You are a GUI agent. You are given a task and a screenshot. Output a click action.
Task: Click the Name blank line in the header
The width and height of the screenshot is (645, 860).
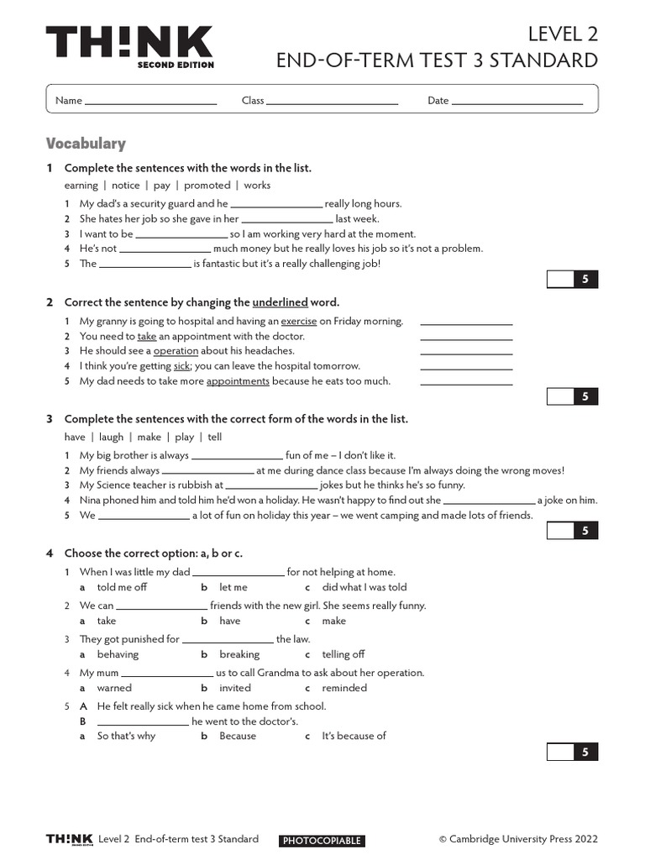(150, 102)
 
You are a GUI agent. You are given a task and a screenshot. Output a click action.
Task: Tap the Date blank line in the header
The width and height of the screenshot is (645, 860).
(517, 102)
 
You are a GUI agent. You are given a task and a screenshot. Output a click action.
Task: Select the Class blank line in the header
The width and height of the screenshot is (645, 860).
(332, 102)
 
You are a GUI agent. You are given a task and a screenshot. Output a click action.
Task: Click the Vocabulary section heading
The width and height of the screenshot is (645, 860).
(86, 144)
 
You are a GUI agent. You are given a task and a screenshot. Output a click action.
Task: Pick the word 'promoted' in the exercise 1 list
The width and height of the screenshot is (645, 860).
(207, 186)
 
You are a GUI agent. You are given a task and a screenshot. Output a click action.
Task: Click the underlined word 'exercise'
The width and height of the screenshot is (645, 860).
(299, 321)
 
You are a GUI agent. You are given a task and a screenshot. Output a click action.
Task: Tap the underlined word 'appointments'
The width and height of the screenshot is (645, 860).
(238, 381)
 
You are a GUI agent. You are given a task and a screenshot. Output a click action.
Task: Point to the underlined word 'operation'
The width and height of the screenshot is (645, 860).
(176, 351)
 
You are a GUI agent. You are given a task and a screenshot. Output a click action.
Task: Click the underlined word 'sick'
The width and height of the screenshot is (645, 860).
(181, 366)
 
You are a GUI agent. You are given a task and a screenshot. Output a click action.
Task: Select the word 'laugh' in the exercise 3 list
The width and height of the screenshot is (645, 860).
(111, 438)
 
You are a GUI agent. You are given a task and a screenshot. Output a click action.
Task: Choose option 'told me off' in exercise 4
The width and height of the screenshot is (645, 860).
(122, 588)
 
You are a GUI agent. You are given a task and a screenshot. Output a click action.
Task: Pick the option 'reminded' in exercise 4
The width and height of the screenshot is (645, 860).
(344, 689)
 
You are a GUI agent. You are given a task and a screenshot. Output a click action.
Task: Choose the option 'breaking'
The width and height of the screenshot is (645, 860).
(239, 655)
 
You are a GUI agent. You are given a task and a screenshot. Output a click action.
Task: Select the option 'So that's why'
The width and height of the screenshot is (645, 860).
(126, 737)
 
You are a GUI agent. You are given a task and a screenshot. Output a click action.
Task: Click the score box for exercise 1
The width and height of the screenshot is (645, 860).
(572, 280)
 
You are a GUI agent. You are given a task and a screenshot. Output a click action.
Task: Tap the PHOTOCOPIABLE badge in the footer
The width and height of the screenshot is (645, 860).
(322, 841)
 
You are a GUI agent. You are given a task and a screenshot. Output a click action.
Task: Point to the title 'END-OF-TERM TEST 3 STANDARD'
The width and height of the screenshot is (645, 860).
(437, 60)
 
